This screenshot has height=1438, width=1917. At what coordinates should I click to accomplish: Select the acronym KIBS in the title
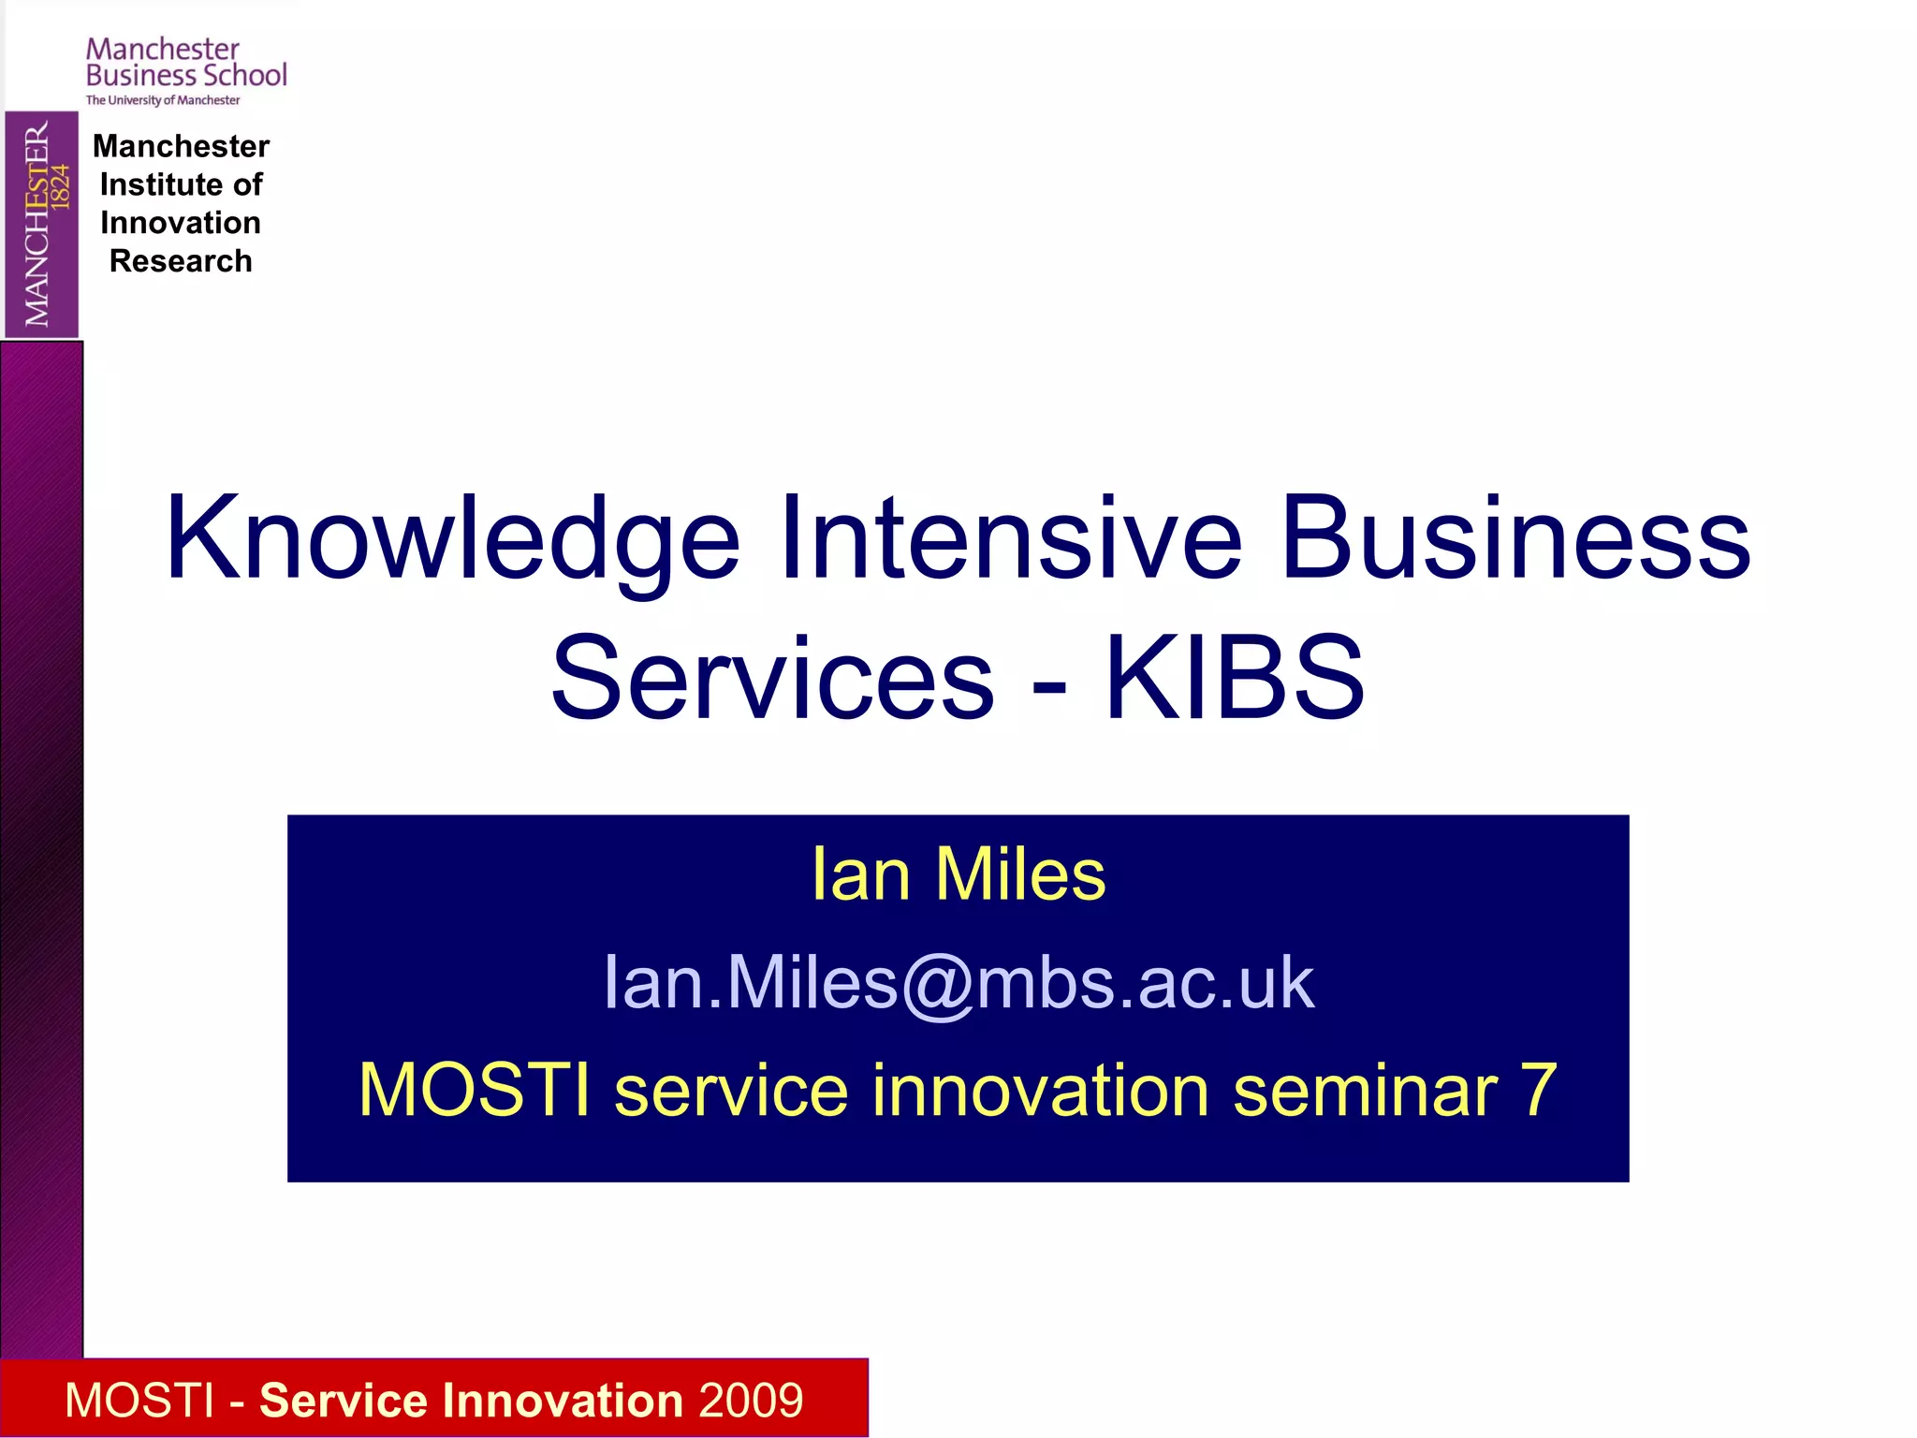pyautogui.click(x=1235, y=678)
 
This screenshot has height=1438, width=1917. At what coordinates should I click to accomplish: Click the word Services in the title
pyautogui.click(x=772, y=678)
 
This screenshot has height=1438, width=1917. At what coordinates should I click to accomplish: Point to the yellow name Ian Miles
pyautogui.click(x=958, y=874)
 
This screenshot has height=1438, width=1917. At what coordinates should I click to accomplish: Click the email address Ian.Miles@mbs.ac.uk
pyautogui.click(x=958, y=983)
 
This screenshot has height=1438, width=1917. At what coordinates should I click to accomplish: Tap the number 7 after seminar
pyautogui.click(x=1538, y=1091)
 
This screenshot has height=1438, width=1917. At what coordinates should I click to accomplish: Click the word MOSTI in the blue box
pyautogui.click(x=474, y=1091)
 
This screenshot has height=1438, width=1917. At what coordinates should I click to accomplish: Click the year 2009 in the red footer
pyautogui.click(x=750, y=1401)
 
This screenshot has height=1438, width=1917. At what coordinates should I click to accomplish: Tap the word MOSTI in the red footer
pyautogui.click(x=139, y=1401)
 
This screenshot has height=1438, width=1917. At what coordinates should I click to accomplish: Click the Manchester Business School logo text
pyautogui.click(x=185, y=63)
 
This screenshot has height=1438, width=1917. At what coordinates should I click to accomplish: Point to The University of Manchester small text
pyautogui.click(x=163, y=100)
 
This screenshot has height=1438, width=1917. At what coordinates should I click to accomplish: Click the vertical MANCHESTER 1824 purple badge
pyautogui.click(x=41, y=224)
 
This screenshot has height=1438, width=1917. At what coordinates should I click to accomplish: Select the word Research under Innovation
pyautogui.click(x=181, y=261)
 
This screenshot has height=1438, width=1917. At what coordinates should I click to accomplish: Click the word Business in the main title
pyautogui.click(x=1515, y=538)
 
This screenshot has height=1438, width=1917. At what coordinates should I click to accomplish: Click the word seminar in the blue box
pyautogui.click(x=1365, y=1091)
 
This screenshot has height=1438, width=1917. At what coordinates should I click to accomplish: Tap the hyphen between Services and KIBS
pyautogui.click(x=1049, y=685)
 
